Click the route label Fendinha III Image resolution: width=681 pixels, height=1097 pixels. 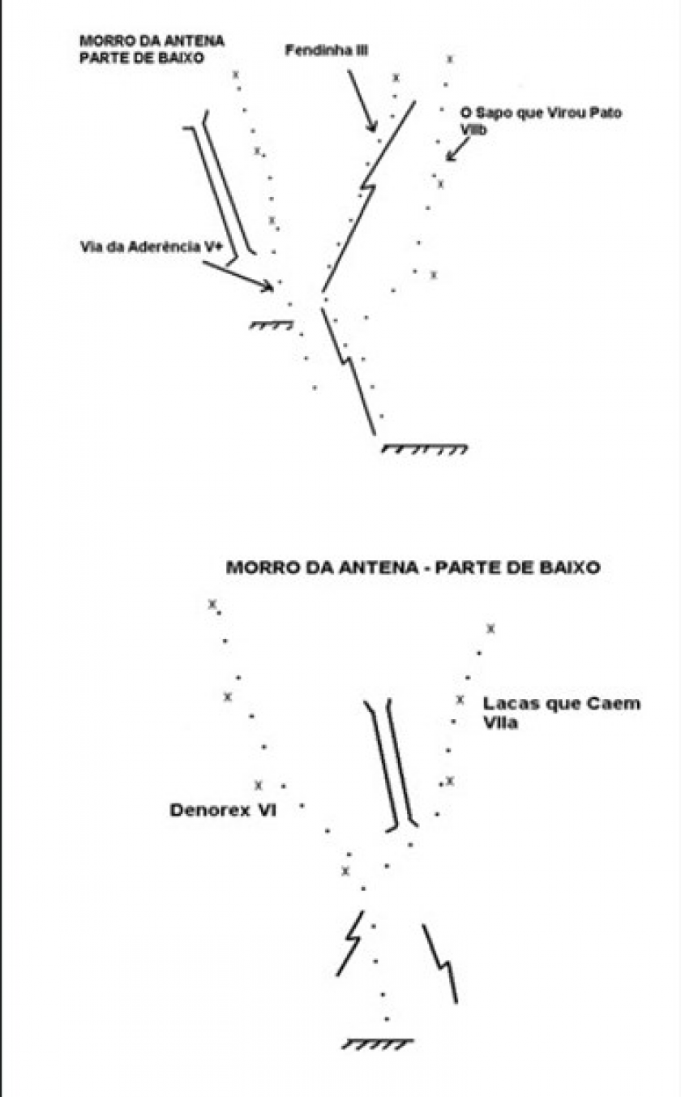(327, 50)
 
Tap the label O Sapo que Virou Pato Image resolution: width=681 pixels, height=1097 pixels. (541, 113)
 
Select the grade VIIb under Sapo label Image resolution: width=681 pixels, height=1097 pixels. (473, 130)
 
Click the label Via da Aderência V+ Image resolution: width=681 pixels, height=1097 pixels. (152, 246)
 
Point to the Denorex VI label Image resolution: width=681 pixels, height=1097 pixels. (223, 810)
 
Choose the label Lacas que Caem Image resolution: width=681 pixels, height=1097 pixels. (562, 704)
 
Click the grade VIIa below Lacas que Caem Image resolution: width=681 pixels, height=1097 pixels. (500, 723)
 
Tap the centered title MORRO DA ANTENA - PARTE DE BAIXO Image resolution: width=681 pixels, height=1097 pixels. (413, 568)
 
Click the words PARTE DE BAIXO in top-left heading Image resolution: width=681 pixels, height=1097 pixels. (142, 58)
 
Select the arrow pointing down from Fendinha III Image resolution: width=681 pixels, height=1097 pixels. (362, 101)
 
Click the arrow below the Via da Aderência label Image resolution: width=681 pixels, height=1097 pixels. (238, 276)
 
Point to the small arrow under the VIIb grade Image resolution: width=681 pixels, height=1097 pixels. (457, 149)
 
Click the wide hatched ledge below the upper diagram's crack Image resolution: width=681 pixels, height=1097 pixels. (425, 448)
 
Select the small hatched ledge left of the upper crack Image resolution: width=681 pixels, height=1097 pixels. (272, 324)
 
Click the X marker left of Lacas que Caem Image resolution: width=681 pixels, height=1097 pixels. (460, 701)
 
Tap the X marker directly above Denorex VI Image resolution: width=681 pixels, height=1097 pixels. (259, 786)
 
